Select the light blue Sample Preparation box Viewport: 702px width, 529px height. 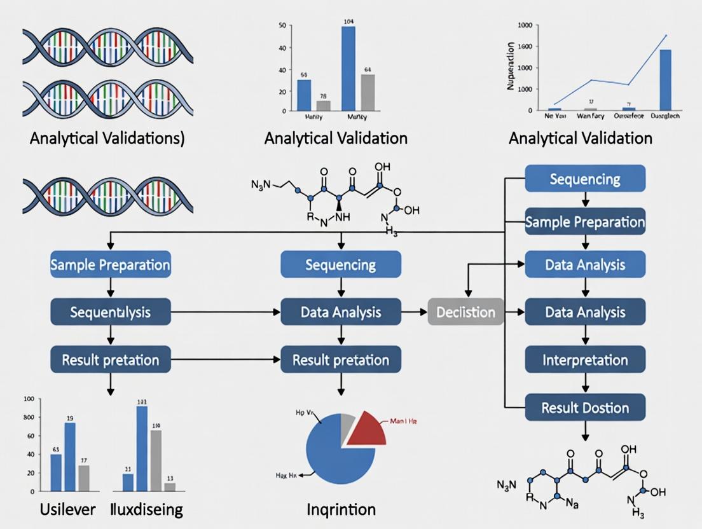pyautogui.click(x=111, y=264)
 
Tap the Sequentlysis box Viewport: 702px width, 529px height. pyautogui.click(x=111, y=312)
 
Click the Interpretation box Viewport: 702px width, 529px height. pyautogui.click(x=585, y=360)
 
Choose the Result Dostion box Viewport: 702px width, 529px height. pyautogui.click(x=585, y=408)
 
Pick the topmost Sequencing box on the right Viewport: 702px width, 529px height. pyautogui.click(x=585, y=179)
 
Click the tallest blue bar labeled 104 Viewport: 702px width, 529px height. pyautogui.click(x=348, y=68)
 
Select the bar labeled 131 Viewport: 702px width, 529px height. pyautogui.click(x=142, y=448)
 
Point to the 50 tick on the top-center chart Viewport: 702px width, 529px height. pyautogui.click(x=282, y=26)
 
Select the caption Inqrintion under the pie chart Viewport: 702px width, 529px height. pyautogui.click(x=341, y=509)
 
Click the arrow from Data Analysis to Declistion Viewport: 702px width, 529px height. pyautogui.click(x=415, y=312)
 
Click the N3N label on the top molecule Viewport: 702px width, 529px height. pyautogui.click(x=261, y=185)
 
